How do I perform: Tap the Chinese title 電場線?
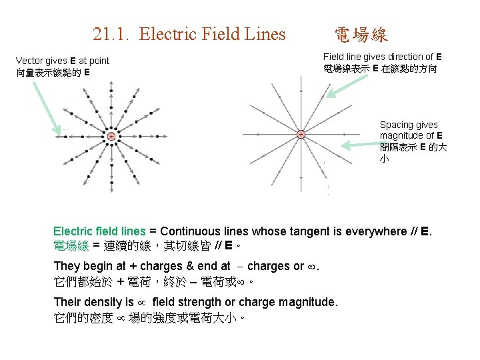pos(361,35)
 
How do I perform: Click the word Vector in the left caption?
pos(30,61)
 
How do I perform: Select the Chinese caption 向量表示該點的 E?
pos(53,72)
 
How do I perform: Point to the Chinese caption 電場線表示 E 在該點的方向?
pos(380,69)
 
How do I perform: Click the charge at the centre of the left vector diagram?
pos(111,137)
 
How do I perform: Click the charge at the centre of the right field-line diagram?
pos(301,134)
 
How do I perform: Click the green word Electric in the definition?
pos(72,231)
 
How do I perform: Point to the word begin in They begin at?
pos(99,266)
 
